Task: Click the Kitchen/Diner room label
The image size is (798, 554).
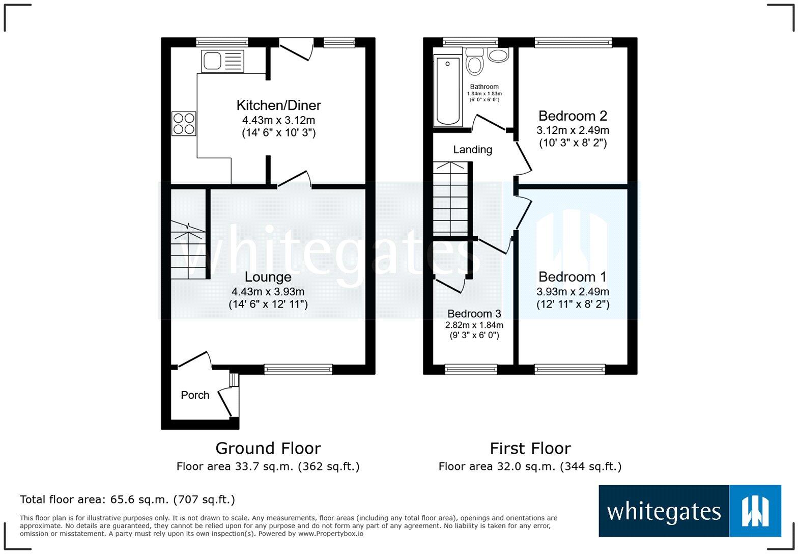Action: pos(278,105)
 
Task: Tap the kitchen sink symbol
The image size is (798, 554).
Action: pos(222,61)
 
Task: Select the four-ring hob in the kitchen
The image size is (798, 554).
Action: pos(184,123)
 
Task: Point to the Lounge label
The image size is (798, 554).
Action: pos(268,277)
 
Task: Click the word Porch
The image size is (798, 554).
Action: pos(195,395)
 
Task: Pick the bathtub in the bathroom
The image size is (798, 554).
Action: pos(448,91)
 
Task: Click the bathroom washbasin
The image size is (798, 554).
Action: pos(498,55)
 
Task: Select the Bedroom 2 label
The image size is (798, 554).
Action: pos(573,116)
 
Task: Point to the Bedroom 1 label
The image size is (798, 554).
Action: pos(573,277)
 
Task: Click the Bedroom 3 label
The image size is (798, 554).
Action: pos(474,314)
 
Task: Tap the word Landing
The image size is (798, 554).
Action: pos(472,150)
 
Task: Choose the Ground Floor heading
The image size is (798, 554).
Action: pos(268,448)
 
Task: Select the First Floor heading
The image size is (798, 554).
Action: pos(530,448)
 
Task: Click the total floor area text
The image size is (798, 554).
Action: pos(127,500)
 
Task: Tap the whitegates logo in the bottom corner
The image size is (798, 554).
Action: pos(690,511)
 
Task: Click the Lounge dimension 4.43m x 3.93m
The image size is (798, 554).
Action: pos(268,292)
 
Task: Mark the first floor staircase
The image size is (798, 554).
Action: pos(450,199)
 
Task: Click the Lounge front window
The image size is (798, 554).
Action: pos(298,369)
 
